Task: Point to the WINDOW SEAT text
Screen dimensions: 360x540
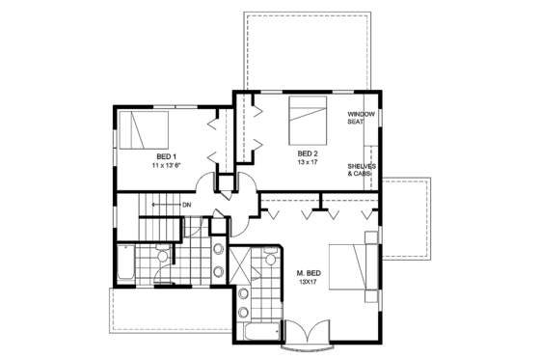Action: tap(362, 119)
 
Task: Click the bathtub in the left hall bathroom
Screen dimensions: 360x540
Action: tap(125, 263)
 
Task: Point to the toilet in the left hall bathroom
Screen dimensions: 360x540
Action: tap(163, 255)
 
